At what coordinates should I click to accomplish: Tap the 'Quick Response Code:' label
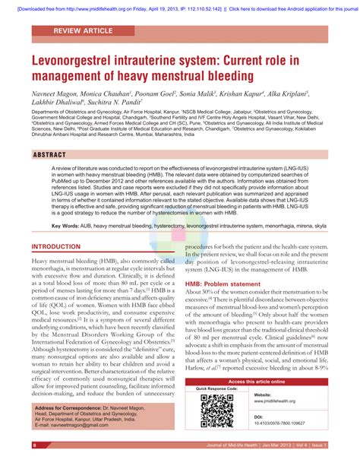(x=217, y=389)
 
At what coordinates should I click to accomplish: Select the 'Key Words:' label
(x=67, y=205)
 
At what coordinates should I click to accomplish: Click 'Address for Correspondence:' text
(x=80, y=409)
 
